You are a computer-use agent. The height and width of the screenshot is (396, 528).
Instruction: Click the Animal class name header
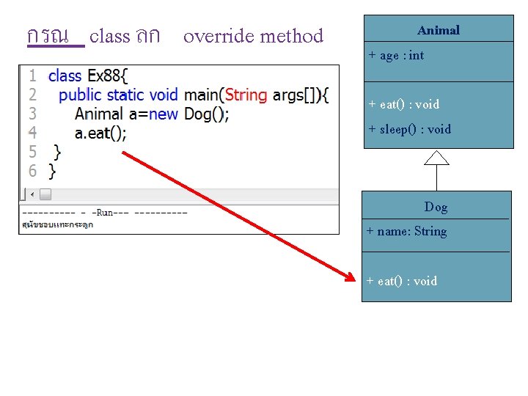[439, 30]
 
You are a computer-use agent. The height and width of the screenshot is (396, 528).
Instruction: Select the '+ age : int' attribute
[396, 56]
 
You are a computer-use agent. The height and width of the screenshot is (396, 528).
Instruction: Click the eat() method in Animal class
[403, 104]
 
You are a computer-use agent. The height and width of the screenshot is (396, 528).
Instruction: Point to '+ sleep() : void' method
[409, 129]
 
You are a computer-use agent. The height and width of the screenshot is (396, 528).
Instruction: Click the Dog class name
[436, 207]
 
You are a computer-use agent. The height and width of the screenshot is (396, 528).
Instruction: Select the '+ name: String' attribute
[407, 232]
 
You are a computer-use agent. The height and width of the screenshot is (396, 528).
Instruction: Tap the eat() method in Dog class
[402, 281]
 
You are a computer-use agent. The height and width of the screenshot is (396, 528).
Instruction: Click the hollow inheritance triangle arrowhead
[437, 157]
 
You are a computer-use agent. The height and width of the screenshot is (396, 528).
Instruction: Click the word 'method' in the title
[290, 36]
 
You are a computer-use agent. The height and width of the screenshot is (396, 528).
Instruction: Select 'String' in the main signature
[246, 95]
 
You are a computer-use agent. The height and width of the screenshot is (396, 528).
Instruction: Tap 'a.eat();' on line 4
[100, 133]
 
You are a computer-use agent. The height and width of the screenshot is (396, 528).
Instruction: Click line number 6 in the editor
[32, 171]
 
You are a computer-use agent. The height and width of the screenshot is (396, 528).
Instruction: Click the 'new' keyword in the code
[163, 114]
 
